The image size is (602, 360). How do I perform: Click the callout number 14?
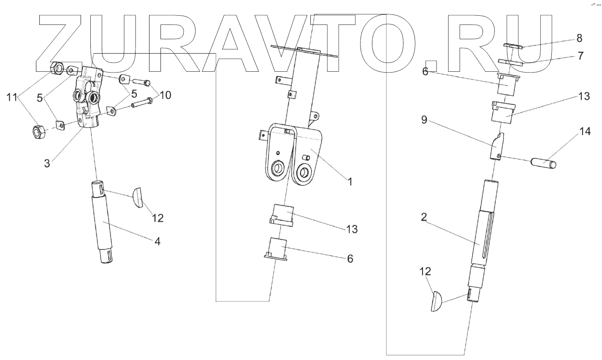[x=585, y=132]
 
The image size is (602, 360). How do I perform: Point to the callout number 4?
[x=157, y=241]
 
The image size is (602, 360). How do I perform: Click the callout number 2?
[x=424, y=217]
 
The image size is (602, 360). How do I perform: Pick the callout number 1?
[x=350, y=182]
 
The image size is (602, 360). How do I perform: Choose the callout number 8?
[x=579, y=38]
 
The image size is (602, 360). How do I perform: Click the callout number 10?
[x=165, y=95]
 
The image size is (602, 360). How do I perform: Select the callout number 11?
[x=11, y=98]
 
